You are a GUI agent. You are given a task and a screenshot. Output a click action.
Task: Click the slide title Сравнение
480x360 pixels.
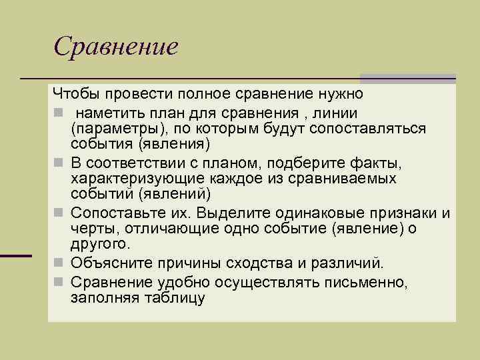click(x=116, y=46)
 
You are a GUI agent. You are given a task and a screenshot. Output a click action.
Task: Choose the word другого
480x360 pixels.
click(x=96, y=245)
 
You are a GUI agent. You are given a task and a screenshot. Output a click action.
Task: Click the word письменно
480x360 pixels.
click(x=363, y=281)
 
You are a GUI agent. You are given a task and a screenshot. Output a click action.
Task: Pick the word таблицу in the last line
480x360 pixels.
click(x=176, y=298)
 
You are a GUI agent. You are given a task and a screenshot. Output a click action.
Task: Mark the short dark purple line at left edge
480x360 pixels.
click(x=16, y=255)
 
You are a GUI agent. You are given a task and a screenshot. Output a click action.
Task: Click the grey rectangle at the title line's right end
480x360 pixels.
click(x=408, y=79)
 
